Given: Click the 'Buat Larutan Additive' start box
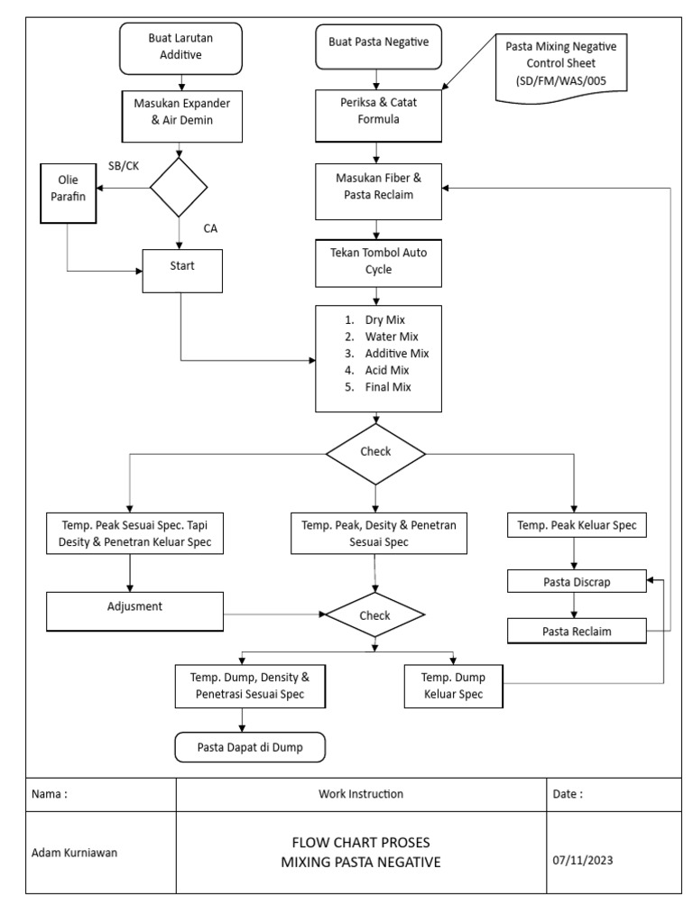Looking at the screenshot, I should point(182,47).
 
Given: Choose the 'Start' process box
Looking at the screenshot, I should point(182,267).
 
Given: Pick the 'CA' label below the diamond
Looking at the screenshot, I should point(209,228).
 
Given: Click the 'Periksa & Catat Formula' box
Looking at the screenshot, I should point(378,111).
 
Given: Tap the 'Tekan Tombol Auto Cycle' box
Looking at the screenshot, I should point(378,262).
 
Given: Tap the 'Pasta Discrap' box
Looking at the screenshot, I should point(576,581).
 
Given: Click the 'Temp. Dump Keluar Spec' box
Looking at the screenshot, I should point(453,686).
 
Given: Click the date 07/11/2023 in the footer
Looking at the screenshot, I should point(582,861).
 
